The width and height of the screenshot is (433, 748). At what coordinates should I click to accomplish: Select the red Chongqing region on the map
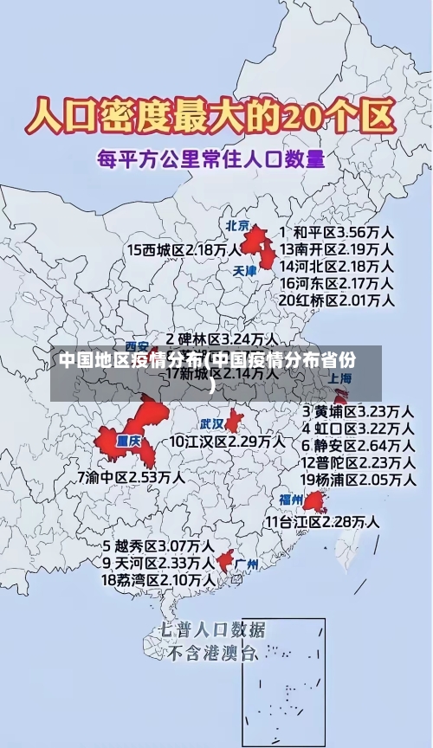(130, 437)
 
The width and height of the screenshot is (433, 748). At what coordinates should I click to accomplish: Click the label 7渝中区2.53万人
(130, 477)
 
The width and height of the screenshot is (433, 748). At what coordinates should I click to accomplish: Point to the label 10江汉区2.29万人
(227, 442)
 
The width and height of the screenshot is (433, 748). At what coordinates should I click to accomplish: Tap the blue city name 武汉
(212, 424)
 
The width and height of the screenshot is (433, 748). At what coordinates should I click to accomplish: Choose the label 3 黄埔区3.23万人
(357, 410)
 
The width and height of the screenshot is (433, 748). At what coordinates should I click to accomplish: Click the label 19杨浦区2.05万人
(357, 479)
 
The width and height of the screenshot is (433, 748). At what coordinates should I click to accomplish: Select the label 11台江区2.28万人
(321, 521)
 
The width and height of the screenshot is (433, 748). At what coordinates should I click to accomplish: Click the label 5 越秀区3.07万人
(158, 546)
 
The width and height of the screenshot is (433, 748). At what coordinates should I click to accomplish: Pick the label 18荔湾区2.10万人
(158, 579)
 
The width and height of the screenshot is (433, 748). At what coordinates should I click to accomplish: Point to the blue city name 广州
(246, 564)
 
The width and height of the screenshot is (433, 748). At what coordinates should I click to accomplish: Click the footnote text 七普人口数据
(213, 629)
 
